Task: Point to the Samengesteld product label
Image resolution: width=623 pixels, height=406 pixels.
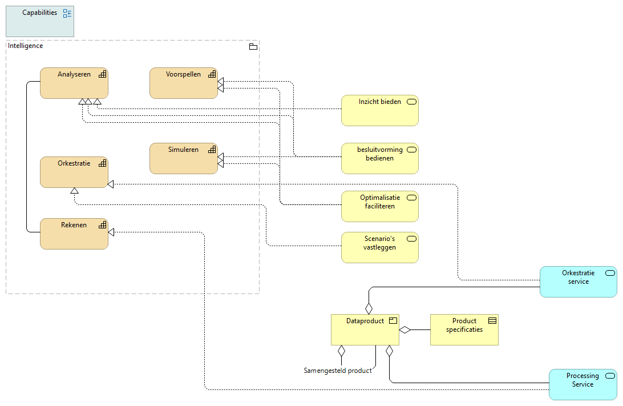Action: coord(338,371)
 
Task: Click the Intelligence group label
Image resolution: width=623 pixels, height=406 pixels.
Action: coord(26,46)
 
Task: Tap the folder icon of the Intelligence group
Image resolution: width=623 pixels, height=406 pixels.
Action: coord(253,46)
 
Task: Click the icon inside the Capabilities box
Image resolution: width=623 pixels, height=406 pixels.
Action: coord(67,13)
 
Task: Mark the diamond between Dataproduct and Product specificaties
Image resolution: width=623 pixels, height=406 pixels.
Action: coord(405,329)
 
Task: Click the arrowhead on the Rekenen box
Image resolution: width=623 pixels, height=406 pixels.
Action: coord(112,232)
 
